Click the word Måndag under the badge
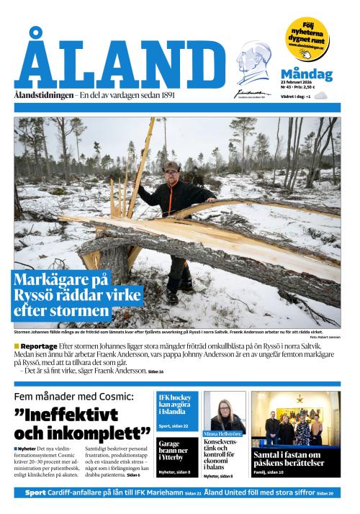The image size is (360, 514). point(306,74)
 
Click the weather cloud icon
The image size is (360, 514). point(321,95)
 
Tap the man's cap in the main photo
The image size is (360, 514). point(171,166)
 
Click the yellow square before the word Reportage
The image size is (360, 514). point(17,346)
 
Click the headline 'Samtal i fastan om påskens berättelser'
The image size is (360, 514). point(295,459)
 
